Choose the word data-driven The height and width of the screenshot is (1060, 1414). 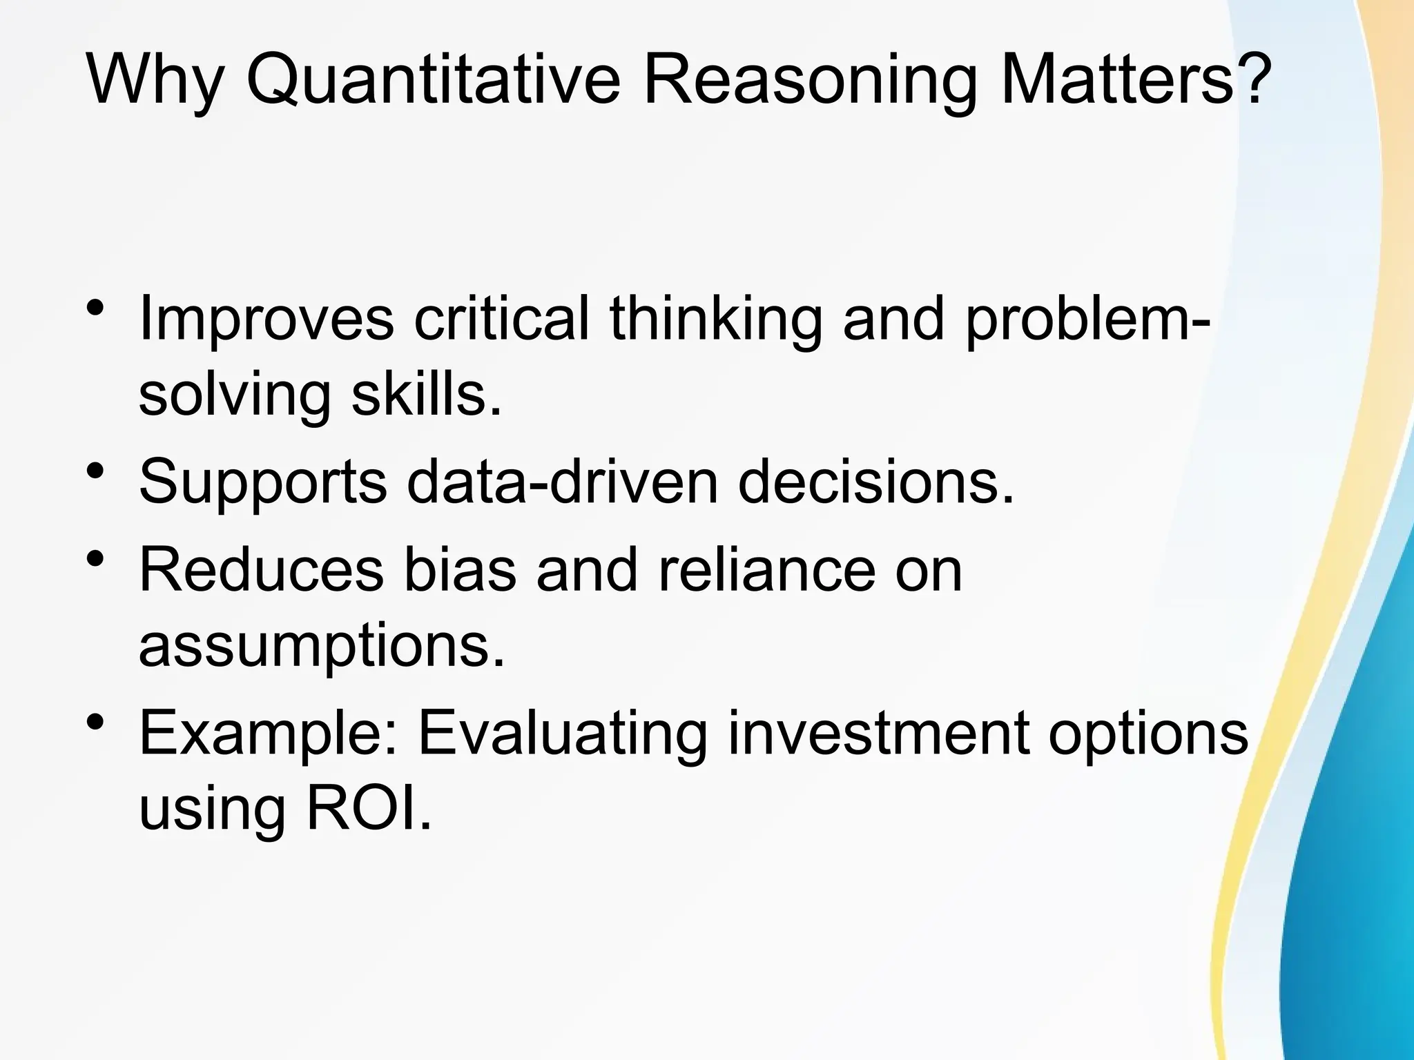(563, 482)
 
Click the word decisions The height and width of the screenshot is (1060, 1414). (875, 482)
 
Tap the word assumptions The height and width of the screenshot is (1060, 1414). (322, 649)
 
